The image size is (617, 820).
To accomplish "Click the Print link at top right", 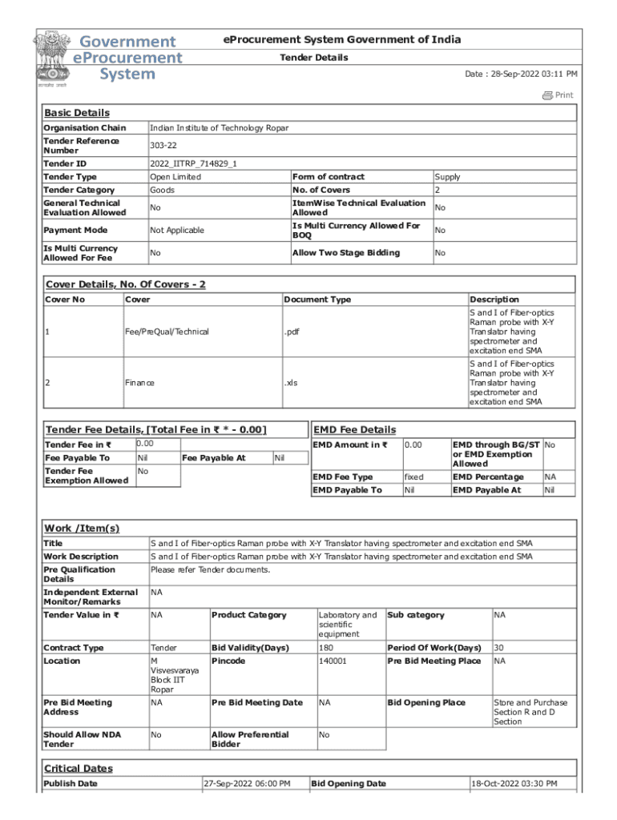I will click(x=559, y=95).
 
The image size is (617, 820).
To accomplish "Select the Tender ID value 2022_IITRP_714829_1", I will click(x=193, y=163).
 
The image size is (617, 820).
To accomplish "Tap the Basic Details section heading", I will click(x=77, y=113).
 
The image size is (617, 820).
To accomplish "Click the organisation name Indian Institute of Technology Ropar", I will click(x=219, y=128).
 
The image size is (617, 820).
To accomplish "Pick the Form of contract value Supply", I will click(x=447, y=177).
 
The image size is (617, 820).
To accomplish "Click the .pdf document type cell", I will click(x=294, y=332).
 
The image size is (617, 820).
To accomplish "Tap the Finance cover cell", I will click(x=139, y=383).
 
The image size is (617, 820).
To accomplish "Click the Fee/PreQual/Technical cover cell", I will click(x=167, y=332).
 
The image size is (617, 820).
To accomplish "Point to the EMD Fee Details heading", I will click(x=354, y=430).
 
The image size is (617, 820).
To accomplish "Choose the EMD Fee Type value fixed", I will click(x=414, y=477).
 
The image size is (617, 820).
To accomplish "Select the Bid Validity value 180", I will click(x=326, y=648).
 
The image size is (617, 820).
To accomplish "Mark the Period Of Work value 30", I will click(x=499, y=648).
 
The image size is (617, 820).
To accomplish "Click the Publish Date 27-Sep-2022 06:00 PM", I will click(x=247, y=784).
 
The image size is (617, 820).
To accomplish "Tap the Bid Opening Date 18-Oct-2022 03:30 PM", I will click(x=514, y=784).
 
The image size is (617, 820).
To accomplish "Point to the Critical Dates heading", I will click(x=79, y=769).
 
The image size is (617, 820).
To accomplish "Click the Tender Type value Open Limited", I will click(x=175, y=177).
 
